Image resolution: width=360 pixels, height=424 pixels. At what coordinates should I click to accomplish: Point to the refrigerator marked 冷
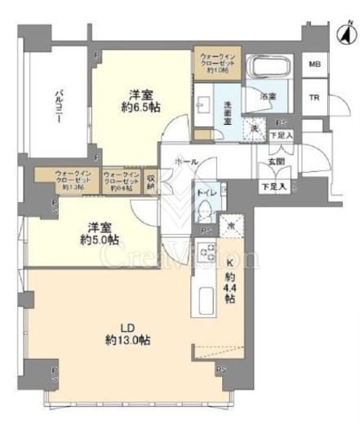click(233, 226)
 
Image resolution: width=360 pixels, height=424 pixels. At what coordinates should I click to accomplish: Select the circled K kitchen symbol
click(231, 262)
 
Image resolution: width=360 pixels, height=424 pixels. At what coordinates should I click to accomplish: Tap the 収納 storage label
click(152, 182)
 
